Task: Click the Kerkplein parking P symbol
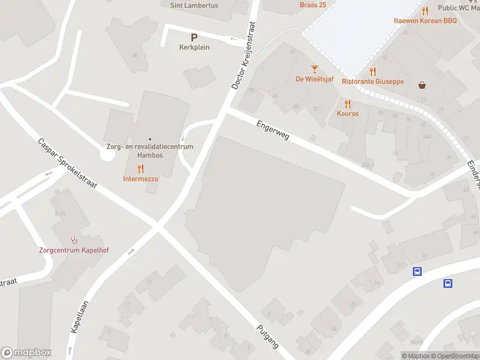coord(194,37)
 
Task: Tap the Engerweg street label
coord(273,130)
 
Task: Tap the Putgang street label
coord(268,336)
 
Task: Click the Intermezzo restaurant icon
coord(140,169)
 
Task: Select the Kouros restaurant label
coord(347,113)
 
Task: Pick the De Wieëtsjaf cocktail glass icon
coord(314,70)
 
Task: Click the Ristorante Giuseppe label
coord(373,82)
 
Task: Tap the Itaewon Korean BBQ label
coord(425,20)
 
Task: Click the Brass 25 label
coord(312,5)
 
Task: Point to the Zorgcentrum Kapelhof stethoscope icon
coord(74,240)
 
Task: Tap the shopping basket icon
coord(423,85)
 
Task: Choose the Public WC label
coord(458,8)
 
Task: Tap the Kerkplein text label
coord(194,47)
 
